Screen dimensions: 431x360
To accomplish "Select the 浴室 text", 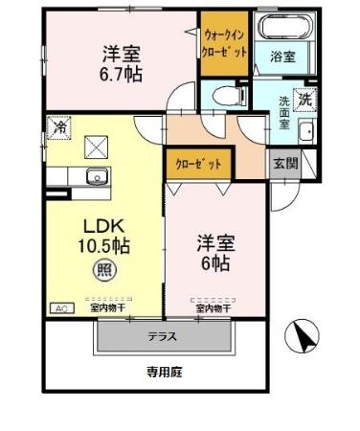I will click(282, 57).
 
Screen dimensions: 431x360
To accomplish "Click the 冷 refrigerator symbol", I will click(59, 126).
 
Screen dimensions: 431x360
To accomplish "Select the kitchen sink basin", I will click(95, 175).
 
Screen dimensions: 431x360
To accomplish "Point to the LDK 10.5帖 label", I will click(104, 236).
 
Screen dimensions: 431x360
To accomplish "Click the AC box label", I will click(60, 308).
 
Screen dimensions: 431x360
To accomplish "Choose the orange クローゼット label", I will click(198, 164).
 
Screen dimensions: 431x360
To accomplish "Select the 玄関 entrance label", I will click(284, 163).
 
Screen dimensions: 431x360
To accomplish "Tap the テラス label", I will click(163, 337).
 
